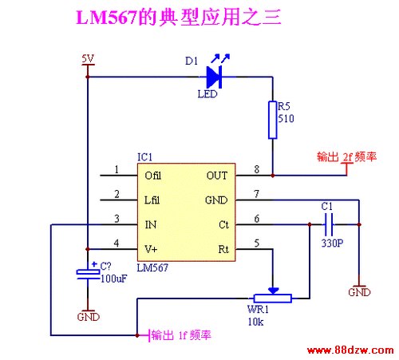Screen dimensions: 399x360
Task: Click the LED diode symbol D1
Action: pos(214,77)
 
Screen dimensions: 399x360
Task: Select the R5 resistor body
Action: pos(272,120)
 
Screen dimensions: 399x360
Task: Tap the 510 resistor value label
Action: pos(286,118)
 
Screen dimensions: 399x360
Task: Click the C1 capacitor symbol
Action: pos(329,224)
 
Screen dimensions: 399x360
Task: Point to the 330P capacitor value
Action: pos(332,243)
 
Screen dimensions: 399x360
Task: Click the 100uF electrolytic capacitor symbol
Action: pos(88,275)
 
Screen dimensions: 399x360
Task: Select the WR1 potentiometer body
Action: pos(273,299)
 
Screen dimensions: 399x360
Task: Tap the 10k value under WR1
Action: pos(256,322)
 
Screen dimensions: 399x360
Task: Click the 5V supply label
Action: pos(88,59)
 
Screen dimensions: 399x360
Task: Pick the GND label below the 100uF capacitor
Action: pos(89,317)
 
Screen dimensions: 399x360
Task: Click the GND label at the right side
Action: pos(359,292)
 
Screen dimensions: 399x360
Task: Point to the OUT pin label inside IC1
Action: pos(217,176)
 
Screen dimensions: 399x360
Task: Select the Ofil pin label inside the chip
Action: pos(153,176)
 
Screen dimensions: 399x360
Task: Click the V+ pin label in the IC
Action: pos(151,249)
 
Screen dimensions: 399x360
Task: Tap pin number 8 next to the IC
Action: pos(256,169)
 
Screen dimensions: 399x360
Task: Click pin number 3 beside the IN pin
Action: pos(117,219)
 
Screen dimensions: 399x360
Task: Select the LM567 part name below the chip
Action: pos(152,267)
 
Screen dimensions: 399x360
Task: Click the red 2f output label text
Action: pos(347,156)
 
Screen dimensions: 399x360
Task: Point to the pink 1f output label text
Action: pos(181,335)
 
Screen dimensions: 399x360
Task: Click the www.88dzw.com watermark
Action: pos(350,350)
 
